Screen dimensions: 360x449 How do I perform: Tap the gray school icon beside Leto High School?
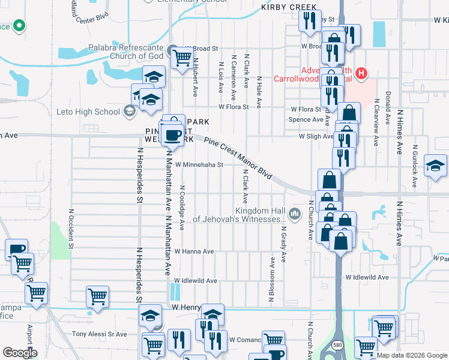[x=128, y=111]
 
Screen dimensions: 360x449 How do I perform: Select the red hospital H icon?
[x=361, y=74]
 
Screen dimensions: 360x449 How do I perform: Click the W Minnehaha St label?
[x=199, y=164]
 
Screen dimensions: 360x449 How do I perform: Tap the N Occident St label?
[x=71, y=229]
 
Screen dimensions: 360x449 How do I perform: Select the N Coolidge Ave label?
[x=182, y=207]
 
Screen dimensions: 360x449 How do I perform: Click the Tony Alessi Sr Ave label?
[x=100, y=334]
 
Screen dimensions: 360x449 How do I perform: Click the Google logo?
[x=20, y=353]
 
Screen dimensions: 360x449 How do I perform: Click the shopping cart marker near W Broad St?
[x=181, y=58]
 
